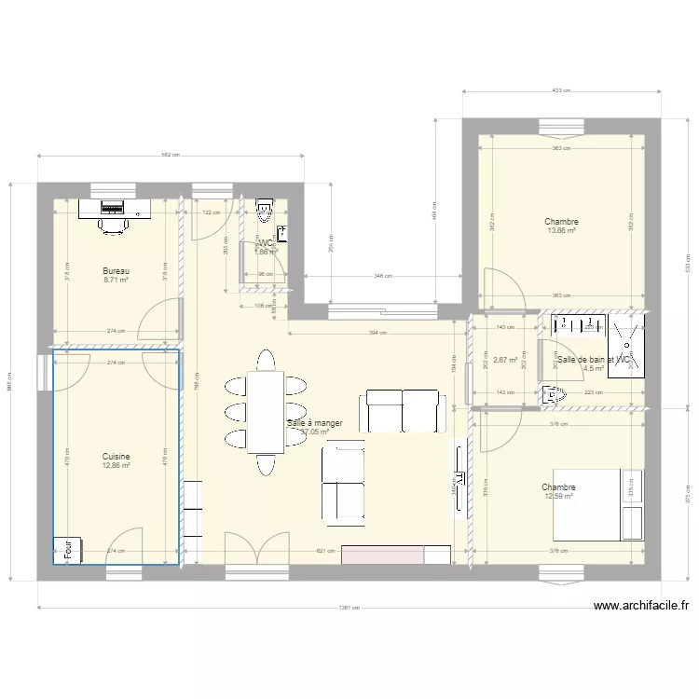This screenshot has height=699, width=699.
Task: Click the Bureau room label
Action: point(116,271)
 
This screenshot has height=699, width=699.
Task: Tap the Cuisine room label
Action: point(116,457)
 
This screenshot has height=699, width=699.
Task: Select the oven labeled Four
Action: point(68,550)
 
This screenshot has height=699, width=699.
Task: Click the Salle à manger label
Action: point(315,423)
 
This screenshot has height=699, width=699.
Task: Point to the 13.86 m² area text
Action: point(561,230)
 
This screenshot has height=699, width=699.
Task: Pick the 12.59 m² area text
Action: point(559,497)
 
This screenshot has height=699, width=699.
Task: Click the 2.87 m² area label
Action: point(505,360)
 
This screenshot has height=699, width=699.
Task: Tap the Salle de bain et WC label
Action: point(594,359)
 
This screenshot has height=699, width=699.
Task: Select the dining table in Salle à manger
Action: point(266,412)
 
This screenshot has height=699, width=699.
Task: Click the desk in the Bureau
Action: point(115,208)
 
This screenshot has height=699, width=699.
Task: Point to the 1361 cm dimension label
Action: point(349,608)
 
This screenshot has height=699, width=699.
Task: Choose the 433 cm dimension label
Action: point(560,91)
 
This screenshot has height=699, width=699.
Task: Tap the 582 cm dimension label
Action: point(171,156)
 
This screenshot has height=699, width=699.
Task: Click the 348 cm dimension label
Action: point(382,276)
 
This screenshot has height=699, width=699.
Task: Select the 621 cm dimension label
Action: point(325,551)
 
